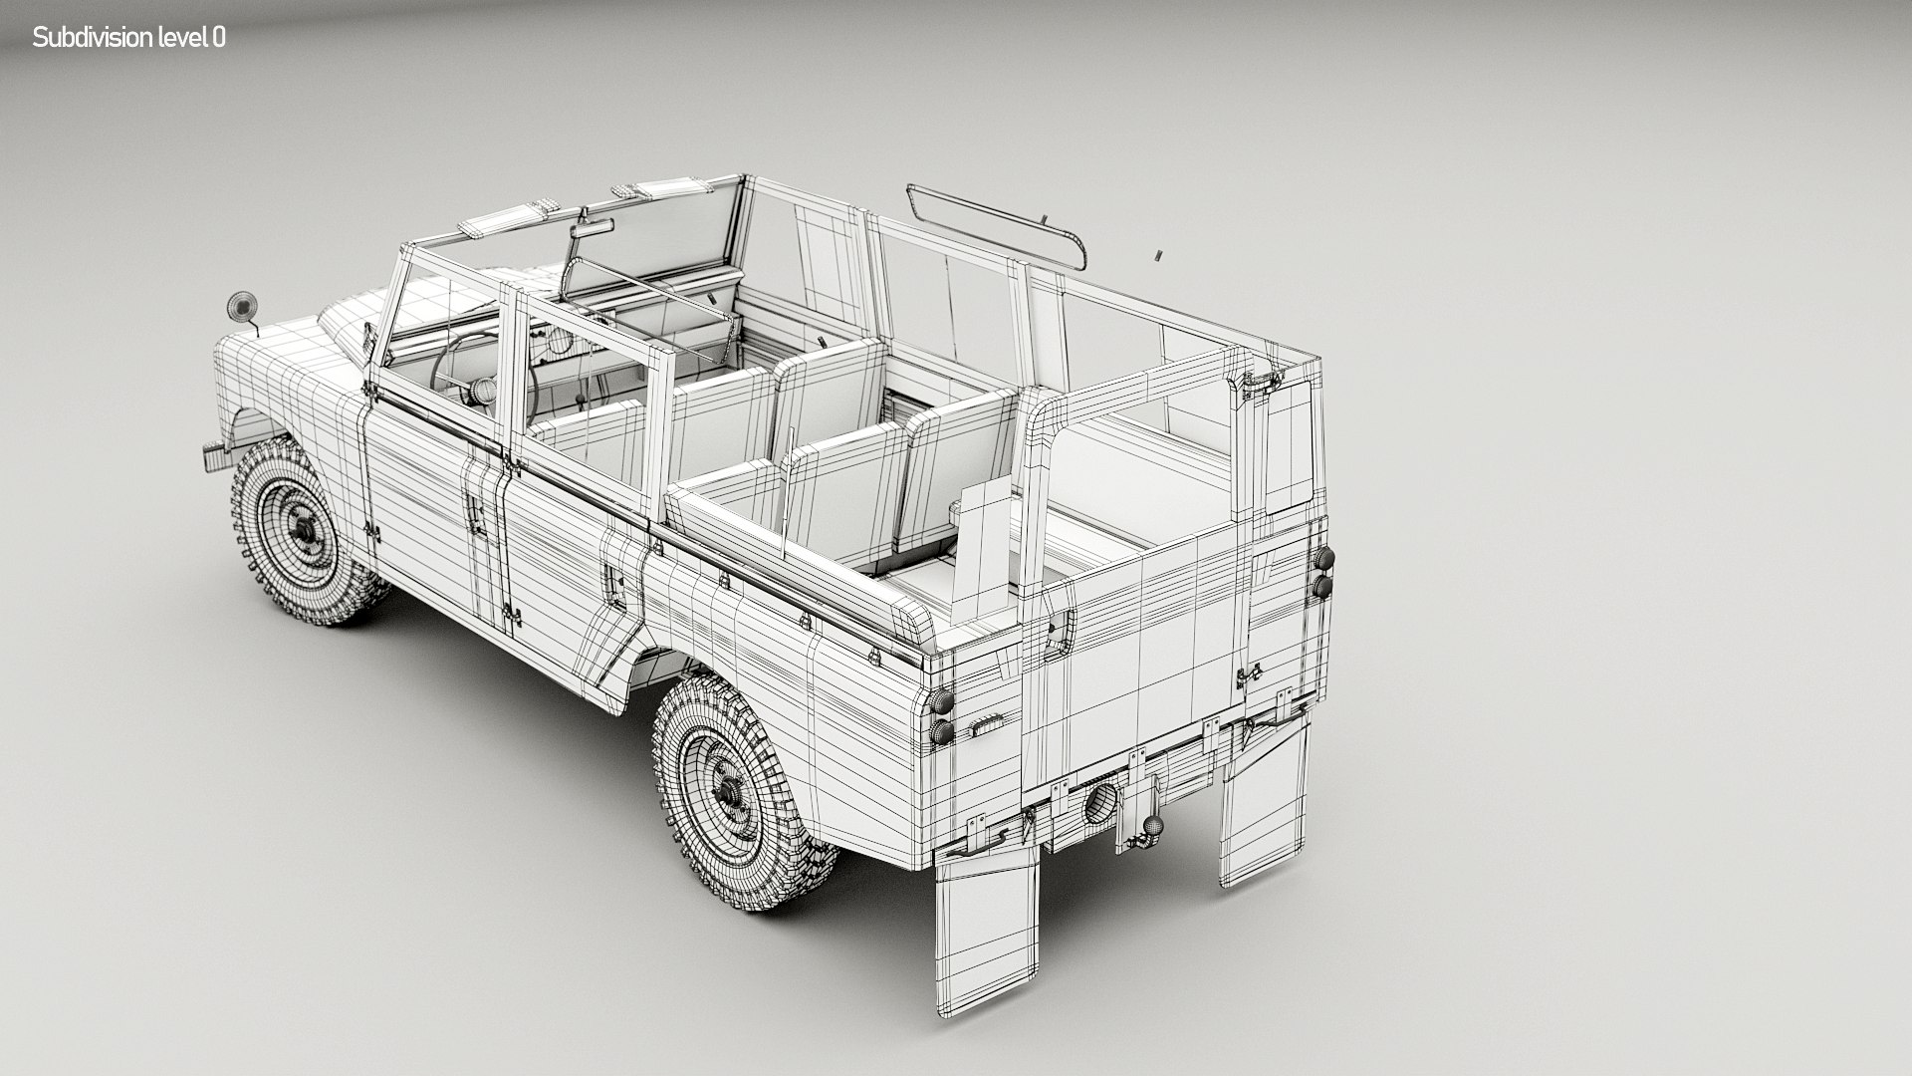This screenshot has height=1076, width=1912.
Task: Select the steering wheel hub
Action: click(x=483, y=390)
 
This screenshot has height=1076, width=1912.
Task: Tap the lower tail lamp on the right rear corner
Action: click(x=1320, y=589)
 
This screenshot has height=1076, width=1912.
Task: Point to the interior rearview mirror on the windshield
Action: click(x=591, y=228)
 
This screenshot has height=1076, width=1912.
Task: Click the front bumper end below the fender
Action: click(x=214, y=457)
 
